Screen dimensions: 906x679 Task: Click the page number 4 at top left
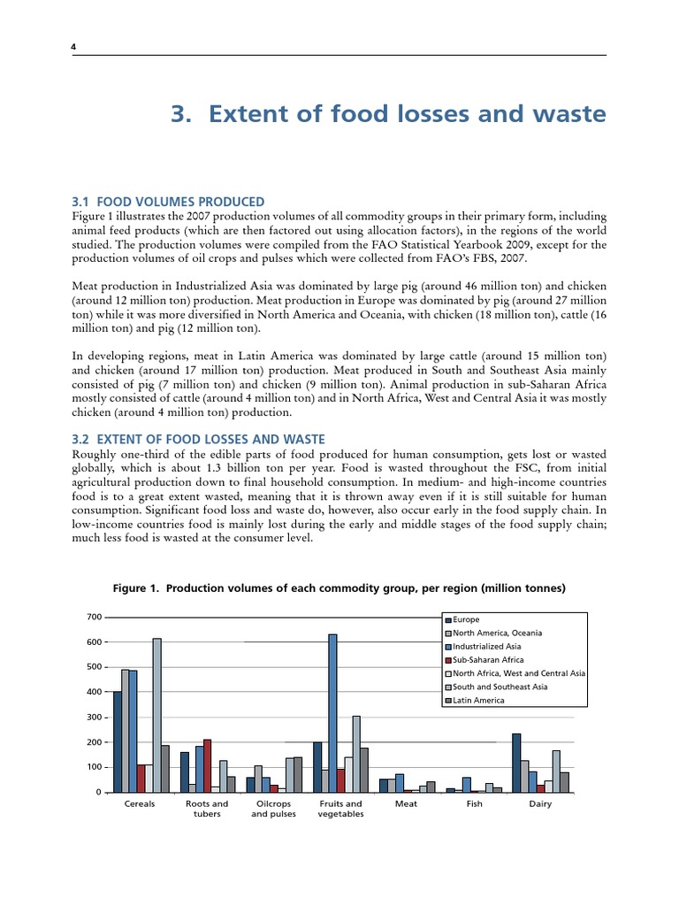73,48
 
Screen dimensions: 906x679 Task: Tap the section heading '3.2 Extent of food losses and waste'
197,439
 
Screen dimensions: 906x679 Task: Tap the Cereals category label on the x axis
140,804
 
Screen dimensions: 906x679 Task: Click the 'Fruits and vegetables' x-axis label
340,810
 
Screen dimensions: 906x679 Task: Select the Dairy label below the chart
539,804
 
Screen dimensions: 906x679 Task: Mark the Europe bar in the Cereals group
117,741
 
